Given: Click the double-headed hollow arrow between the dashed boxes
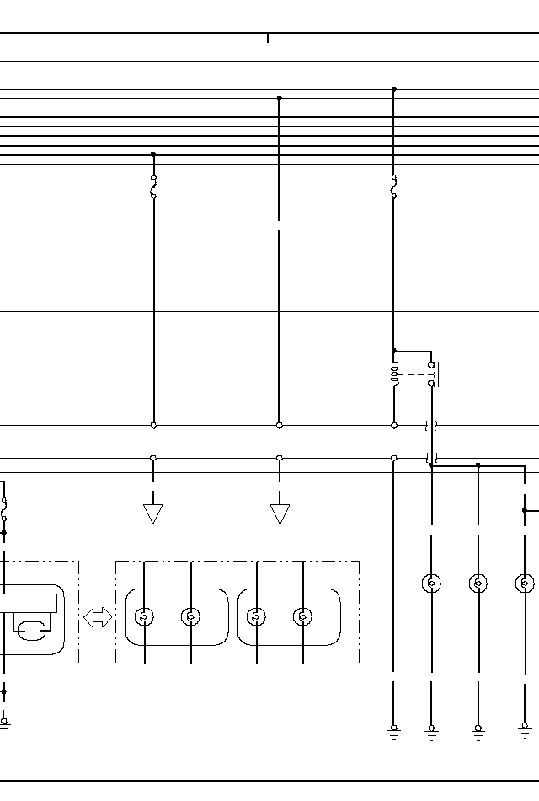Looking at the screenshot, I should (x=98, y=617).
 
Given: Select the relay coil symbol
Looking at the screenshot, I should (x=394, y=374).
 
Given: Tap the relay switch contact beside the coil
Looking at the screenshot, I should (x=432, y=374).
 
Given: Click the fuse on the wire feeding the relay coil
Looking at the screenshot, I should (x=393, y=186).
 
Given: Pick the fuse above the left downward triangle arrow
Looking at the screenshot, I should (x=153, y=186).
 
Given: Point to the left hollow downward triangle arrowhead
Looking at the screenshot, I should (x=153, y=513).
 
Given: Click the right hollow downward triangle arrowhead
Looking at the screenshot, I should (x=280, y=513).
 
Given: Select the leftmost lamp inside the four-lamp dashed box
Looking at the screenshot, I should (x=145, y=617).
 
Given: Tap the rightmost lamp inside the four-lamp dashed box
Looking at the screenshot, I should (x=302, y=617).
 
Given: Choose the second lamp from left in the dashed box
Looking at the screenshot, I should (x=191, y=617).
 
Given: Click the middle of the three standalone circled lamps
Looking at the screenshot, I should (x=478, y=583).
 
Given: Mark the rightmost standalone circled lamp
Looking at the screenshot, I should (x=525, y=583).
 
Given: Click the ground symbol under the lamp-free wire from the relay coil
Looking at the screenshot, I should (x=393, y=729).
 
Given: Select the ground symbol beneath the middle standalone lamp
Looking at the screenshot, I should (x=478, y=729).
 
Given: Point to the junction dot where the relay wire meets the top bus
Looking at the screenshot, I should (x=393, y=89).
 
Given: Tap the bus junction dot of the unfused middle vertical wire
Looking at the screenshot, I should (x=280, y=99).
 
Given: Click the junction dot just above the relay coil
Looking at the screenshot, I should (x=393, y=351).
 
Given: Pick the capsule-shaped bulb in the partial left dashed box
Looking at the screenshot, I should (x=32, y=628).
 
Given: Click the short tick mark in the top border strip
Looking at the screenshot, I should (x=268, y=38).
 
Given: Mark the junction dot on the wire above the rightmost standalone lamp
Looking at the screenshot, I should (x=525, y=510).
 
